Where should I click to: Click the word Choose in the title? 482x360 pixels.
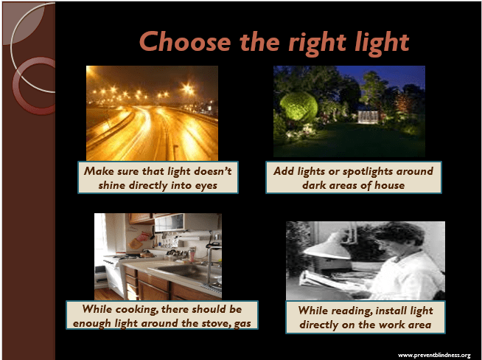click(185, 41)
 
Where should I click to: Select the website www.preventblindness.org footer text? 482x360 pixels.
click(434, 356)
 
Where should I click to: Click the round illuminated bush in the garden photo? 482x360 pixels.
click(298, 107)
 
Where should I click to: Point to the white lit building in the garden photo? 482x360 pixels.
click(369, 117)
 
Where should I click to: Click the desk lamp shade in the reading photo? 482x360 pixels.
click(328, 246)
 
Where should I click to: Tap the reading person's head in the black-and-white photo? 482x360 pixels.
click(400, 237)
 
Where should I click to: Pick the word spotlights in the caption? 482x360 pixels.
click(368, 172)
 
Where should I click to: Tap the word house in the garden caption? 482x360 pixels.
click(389, 185)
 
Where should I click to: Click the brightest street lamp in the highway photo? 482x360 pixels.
click(187, 89)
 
